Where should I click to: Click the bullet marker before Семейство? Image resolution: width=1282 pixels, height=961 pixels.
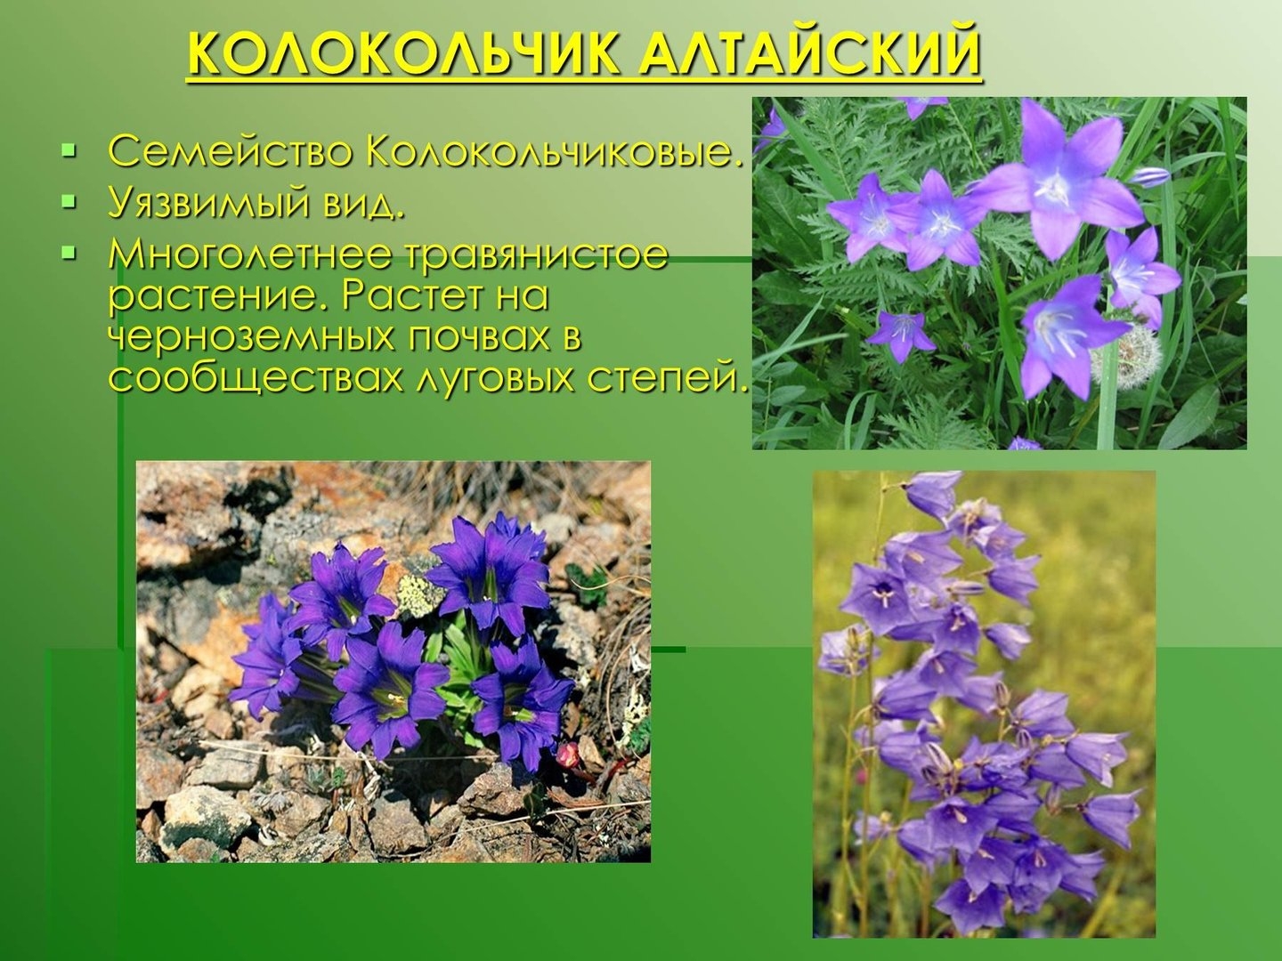69,151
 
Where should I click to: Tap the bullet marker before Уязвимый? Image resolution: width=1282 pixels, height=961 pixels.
69,202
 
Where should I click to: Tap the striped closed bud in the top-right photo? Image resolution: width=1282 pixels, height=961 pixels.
1149,177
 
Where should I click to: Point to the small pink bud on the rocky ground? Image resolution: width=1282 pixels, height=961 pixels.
567,755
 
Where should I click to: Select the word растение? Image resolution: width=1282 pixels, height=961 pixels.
219,297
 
